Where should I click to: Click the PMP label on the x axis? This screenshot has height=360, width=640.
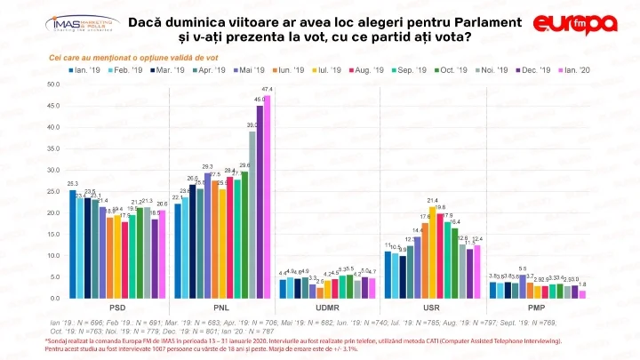pos(538,307)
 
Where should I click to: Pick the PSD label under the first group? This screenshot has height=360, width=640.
pos(117,307)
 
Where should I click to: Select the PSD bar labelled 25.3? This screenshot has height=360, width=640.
pos(73,244)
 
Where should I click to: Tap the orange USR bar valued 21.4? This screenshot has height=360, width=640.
pos(433,252)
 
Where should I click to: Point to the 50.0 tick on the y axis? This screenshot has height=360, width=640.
pos(53,84)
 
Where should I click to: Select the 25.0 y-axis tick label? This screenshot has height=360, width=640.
pos(53,191)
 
